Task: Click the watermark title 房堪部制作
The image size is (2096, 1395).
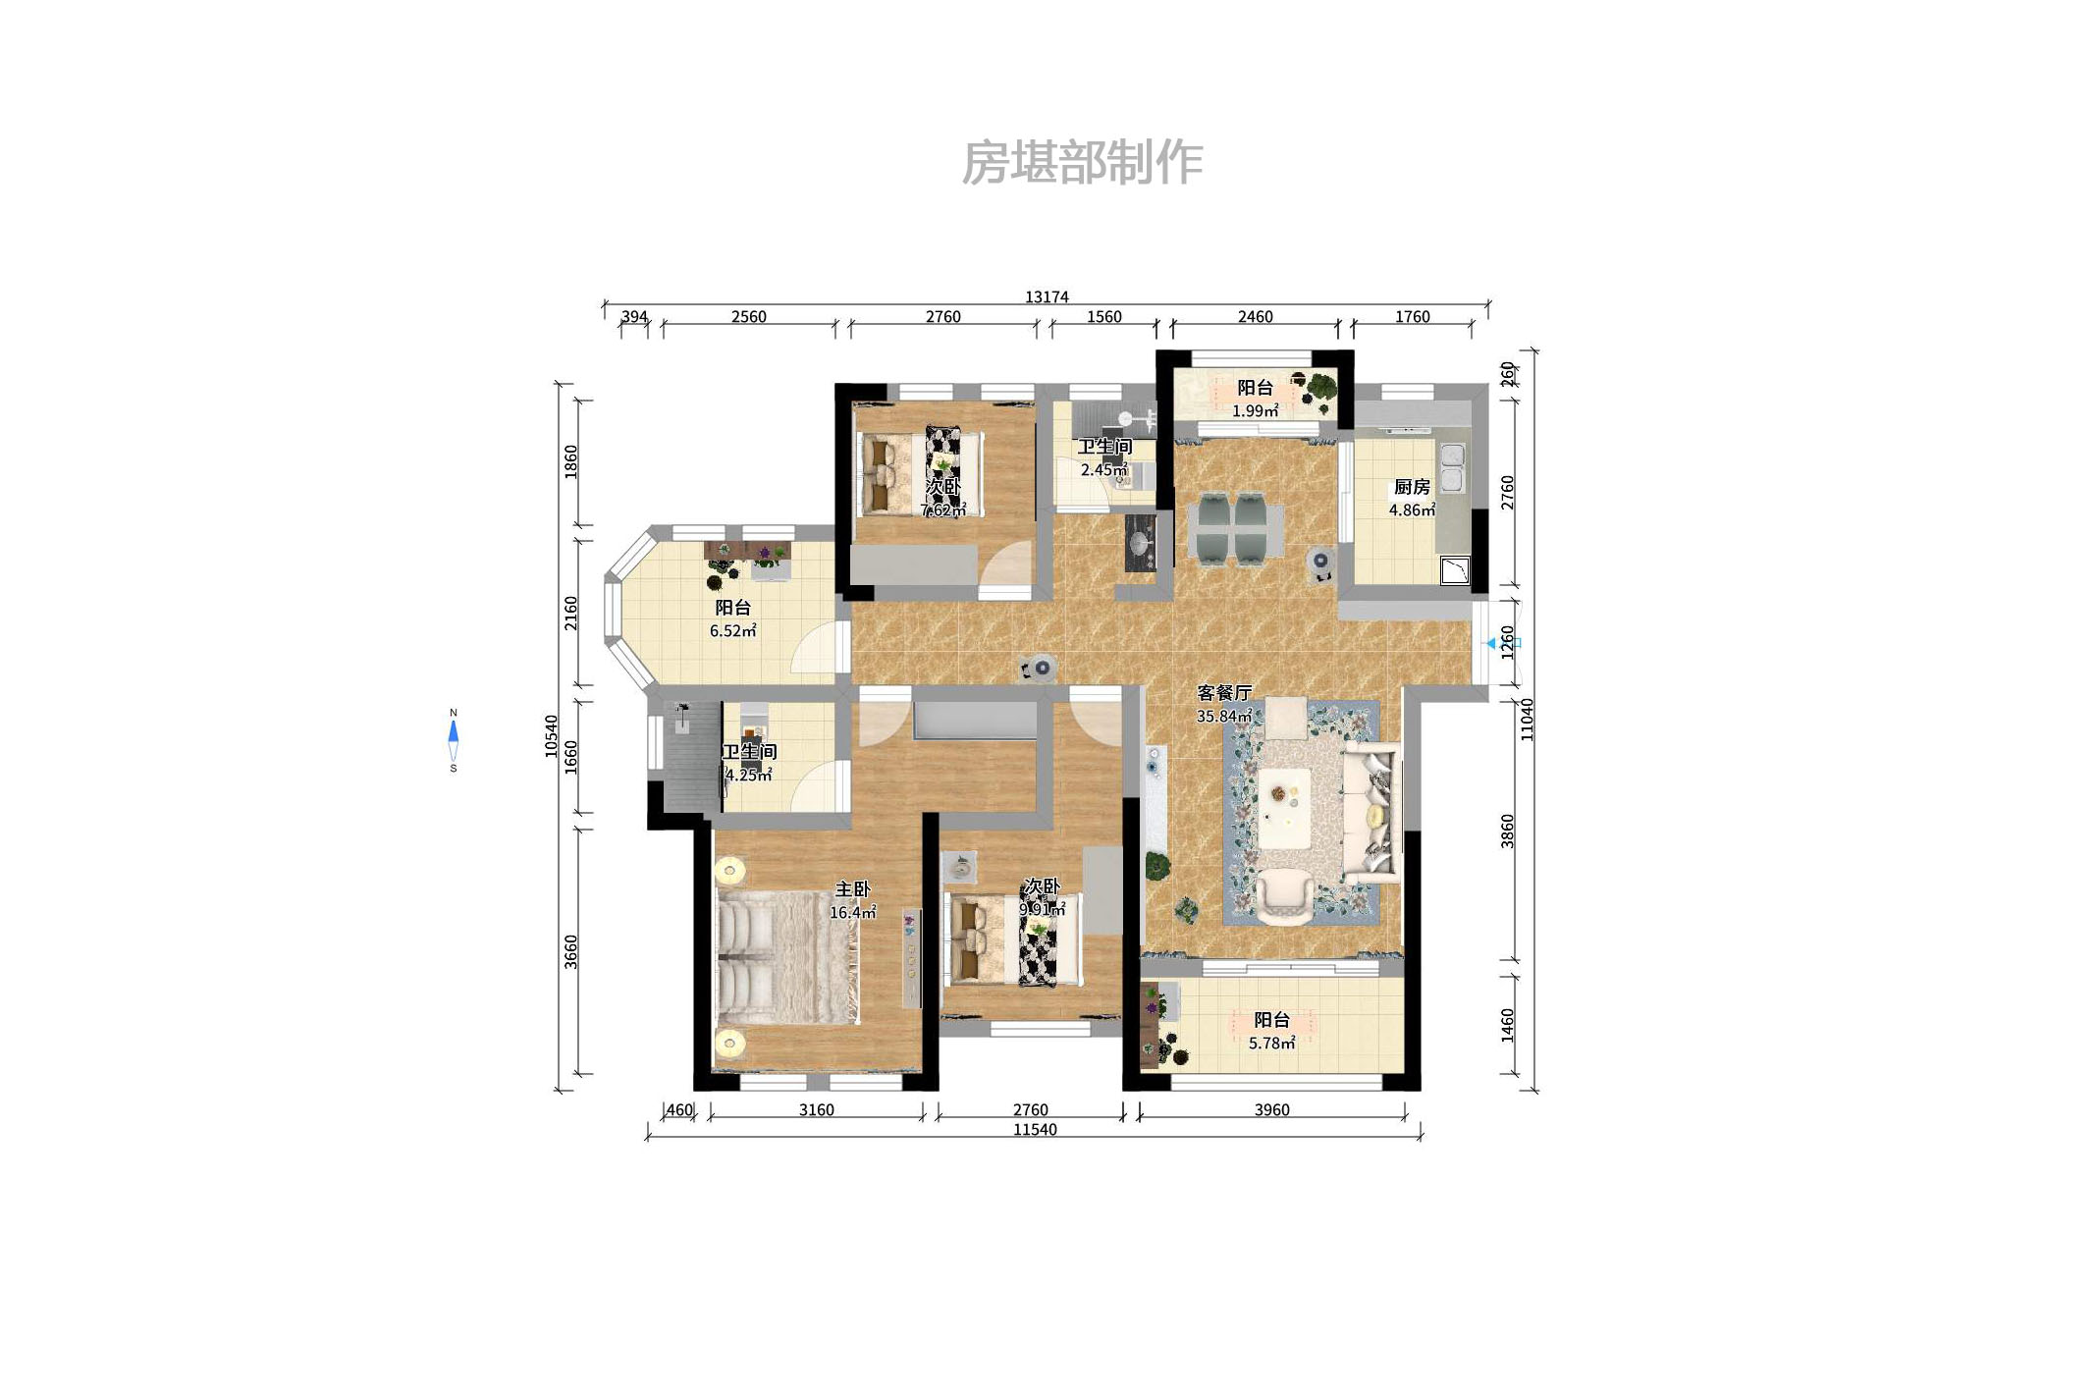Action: point(1082,163)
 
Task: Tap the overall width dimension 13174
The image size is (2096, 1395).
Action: point(1047,296)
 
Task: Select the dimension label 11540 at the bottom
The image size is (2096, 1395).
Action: point(1035,1130)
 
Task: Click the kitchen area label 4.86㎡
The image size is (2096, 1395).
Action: point(1412,510)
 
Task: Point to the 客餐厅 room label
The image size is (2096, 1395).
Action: point(1224,693)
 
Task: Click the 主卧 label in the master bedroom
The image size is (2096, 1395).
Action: point(852,889)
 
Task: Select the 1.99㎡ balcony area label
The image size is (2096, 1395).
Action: point(1255,411)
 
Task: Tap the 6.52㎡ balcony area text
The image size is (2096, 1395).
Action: point(732,631)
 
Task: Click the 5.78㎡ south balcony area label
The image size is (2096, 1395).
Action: point(1271,1044)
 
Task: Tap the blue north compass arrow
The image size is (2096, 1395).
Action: point(454,732)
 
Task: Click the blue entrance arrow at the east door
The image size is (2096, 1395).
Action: point(1491,644)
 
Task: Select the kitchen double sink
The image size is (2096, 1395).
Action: point(1451,466)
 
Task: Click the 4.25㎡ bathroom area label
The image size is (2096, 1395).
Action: point(748,776)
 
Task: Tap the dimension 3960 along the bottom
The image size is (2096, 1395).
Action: point(1271,1110)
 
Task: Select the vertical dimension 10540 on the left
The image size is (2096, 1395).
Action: point(552,736)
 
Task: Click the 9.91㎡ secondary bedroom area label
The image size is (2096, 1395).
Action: point(1042,910)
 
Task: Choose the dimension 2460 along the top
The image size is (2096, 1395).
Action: point(1255,317)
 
